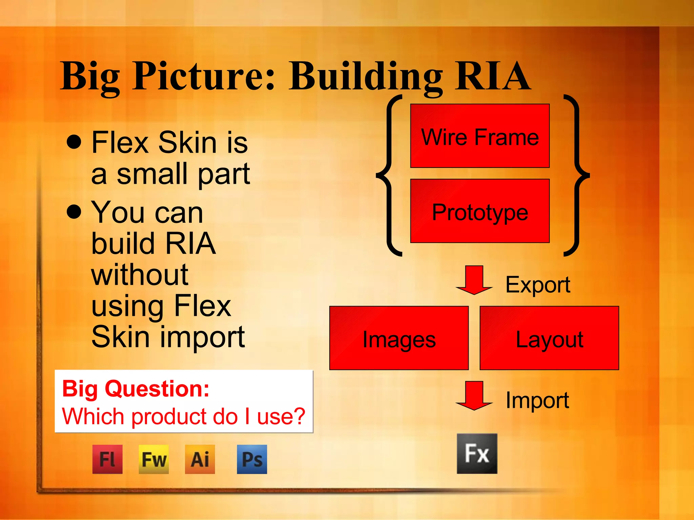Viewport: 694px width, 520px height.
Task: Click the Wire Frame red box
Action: (479, 136)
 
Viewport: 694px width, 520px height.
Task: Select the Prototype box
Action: (479, 211)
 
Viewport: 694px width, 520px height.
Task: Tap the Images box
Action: (399, 338)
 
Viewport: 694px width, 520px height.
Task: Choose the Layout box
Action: (549, 338)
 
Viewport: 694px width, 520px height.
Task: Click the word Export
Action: (538, 285)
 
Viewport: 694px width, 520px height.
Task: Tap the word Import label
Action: (537, 400)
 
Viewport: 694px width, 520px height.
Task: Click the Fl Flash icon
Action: (107, 459)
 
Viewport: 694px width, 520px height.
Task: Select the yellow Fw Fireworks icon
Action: (154, 459)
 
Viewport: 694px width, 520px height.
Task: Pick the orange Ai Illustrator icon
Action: (200, 459)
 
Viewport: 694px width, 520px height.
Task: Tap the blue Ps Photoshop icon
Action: (252, 459)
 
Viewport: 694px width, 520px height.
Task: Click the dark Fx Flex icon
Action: (477, 454)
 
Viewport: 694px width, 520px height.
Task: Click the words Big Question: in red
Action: (136, 389)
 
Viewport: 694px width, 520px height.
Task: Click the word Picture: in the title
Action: (203, 76)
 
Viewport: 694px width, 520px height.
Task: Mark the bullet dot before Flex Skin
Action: (74, 142)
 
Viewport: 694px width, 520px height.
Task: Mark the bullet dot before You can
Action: (74, 212)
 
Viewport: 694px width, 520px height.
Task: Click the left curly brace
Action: (389, 175)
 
